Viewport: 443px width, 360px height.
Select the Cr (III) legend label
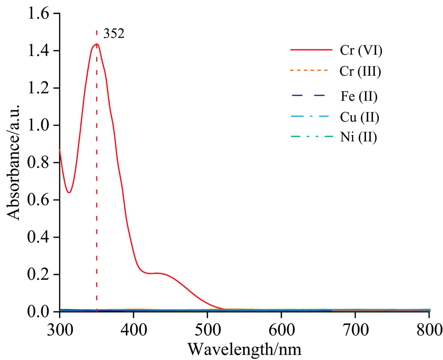tap(361, 71)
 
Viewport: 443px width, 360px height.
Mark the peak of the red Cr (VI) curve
tap(96, 44)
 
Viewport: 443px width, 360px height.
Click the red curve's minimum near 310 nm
tap(69, 193)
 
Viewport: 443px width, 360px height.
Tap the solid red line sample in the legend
tap(311, 50)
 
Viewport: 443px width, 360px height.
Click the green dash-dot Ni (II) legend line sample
tap(311, 137)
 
